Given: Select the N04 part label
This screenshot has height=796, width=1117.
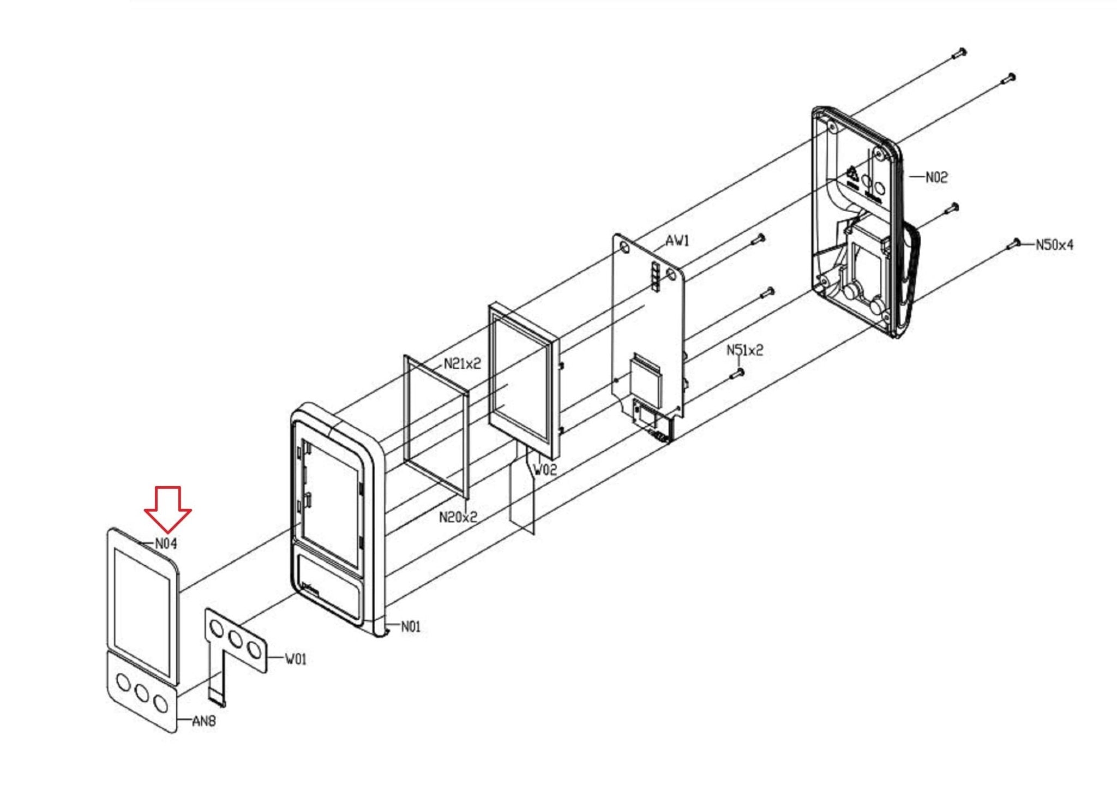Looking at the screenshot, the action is point(166,543).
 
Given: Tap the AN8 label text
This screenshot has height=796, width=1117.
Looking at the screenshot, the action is point(205,721).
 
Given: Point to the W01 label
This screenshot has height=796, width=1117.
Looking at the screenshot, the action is point(296,660).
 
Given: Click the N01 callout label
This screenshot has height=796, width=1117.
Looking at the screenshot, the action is point(411,627).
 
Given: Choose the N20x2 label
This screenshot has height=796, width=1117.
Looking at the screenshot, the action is point(458,517).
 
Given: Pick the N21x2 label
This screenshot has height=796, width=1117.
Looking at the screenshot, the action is point(463,363).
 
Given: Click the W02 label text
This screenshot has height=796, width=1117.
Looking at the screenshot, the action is point(545,470).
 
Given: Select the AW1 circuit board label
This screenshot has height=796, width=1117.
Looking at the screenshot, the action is point(677,241).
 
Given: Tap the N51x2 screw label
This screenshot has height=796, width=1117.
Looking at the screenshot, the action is point(744,350).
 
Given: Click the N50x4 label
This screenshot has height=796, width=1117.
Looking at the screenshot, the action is point(1055,245).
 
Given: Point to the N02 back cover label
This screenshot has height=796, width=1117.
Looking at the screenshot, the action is point(936,177).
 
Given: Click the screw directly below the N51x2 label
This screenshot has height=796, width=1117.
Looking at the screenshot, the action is point(737,373).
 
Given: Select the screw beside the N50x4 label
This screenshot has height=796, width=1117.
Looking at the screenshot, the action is point(1013,244).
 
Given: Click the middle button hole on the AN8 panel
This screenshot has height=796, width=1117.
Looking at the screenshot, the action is point(142,693).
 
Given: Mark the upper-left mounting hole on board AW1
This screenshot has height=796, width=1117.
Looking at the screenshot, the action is point(624,248).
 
